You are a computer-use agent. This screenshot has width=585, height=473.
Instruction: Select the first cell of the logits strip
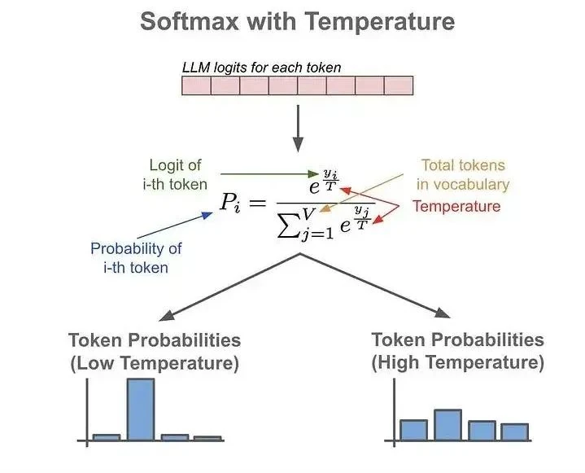click(196, 86)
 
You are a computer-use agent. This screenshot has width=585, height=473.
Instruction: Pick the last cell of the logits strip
click(399, 86)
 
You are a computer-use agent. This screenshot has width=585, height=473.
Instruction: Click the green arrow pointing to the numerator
click(268, 173)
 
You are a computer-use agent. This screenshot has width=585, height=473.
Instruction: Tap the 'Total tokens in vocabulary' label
click(463, 175)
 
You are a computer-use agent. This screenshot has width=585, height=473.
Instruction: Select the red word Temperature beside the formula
click(456, 206)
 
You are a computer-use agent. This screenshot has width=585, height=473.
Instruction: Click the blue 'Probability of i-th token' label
click(136, 257)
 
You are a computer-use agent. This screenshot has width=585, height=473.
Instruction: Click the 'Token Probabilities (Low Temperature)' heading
click(155, 351)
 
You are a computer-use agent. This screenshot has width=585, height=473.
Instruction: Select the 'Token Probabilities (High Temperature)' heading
click(457, 351)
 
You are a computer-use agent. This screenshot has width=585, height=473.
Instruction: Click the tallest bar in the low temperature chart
click(141, 409)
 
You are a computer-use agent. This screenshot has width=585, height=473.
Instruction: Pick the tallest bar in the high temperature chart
click(447, 424)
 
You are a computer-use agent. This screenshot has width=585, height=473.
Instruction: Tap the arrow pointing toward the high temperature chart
click(374, 285)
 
